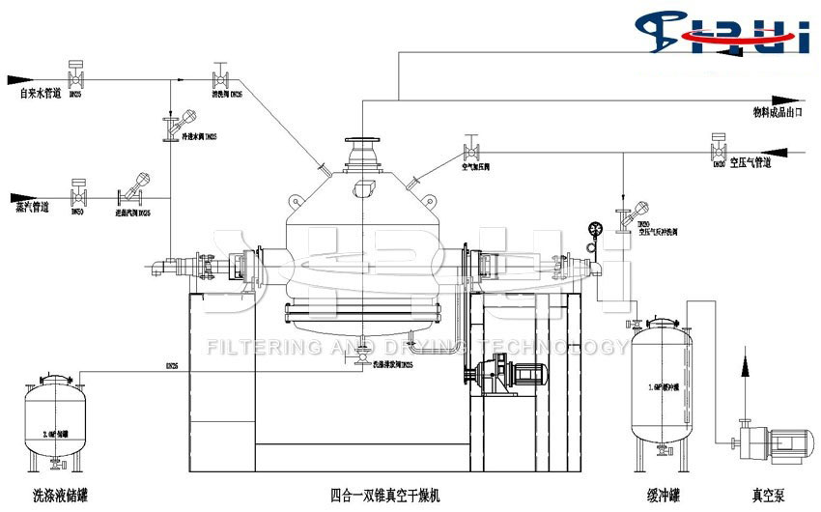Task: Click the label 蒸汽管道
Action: pyautogui.click(x=33, y=206)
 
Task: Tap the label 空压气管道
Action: pyautogui.click(x=750, y=163)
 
